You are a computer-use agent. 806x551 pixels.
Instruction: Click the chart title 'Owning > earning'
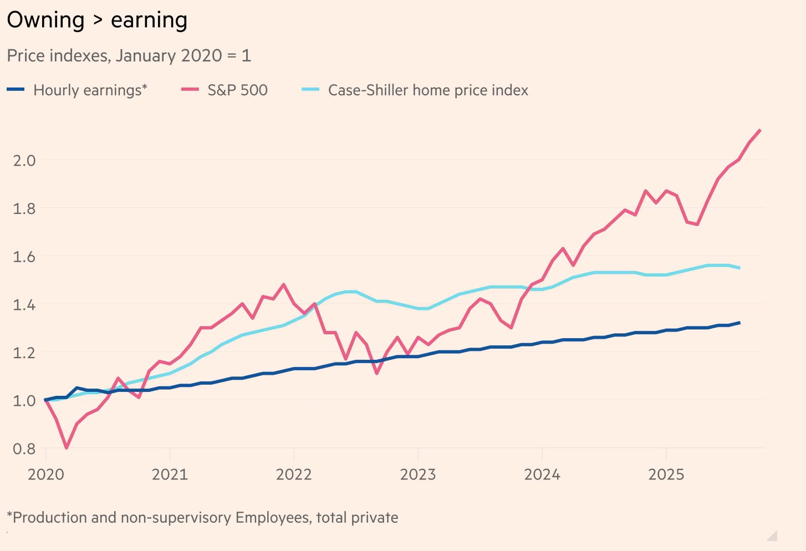pos(97,21)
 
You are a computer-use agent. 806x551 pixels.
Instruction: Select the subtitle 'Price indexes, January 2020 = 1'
pos(129,55)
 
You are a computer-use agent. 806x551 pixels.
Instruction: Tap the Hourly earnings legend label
pos(90,90)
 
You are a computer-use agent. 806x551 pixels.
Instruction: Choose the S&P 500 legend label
pos(237,90)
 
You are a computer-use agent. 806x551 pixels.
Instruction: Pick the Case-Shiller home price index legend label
pos(428,90)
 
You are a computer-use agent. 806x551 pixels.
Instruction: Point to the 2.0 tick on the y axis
pos(24,160)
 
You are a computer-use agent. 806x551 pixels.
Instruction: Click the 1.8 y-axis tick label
pos(24,208)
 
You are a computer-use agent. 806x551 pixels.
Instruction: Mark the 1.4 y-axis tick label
pos(24,304)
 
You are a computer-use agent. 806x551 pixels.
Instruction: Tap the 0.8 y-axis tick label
pos(24,448)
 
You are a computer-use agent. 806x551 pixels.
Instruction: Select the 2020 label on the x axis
pos(46,475)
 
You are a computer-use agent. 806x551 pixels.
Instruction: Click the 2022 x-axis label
pos(294,475)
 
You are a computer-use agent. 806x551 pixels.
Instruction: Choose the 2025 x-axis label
pos(666,475)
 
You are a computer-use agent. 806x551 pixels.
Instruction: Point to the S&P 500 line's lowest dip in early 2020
pos(67,447)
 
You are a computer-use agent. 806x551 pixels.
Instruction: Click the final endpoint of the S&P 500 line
pos(760,130)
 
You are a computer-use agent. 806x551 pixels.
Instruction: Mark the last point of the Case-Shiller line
pos(739,268)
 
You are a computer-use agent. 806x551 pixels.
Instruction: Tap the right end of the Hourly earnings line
pos(739,323)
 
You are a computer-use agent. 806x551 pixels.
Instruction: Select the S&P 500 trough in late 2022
pos(377,373)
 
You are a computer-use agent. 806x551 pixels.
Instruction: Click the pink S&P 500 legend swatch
pos(190,89)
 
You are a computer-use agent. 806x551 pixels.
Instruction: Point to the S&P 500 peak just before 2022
pos(284,284)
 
